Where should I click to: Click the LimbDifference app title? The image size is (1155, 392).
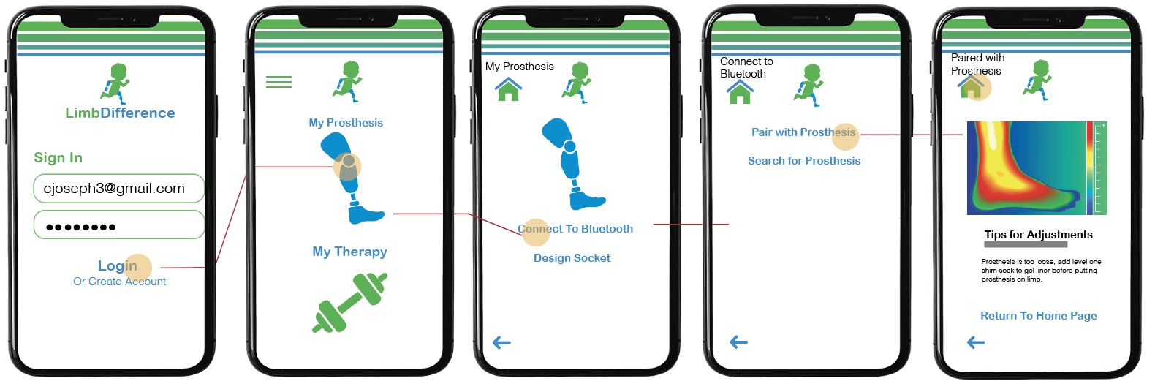click(120, 113)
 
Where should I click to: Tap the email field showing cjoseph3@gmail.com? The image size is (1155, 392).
click(118, 188)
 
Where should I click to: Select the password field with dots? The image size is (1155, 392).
click(118, 225)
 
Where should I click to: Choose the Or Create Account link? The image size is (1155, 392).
click(119, 282)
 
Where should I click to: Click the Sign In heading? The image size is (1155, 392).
click(58, 158)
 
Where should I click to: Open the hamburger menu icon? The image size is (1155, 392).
click(279, 82)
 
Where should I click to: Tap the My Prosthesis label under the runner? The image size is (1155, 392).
click(346, 123)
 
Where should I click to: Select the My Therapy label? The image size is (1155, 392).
click(349, 252)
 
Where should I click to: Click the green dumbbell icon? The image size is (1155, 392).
click(349, 302)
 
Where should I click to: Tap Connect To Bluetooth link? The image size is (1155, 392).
click(575, 229)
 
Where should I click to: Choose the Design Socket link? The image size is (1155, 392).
click(572, 258)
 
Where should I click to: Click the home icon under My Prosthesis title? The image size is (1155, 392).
click(509, 90)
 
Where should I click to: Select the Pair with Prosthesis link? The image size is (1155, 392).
click(803, 132)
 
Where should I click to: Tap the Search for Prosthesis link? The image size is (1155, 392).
click(804, 161)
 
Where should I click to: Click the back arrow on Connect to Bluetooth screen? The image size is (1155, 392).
click(739, 342)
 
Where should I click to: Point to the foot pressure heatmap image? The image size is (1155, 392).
click(1037, 168)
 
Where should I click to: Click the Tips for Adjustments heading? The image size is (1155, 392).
click(1038, 235)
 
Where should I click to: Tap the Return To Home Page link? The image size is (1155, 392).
click(1038, 316)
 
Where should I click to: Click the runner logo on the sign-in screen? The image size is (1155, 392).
click(115, 82)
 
